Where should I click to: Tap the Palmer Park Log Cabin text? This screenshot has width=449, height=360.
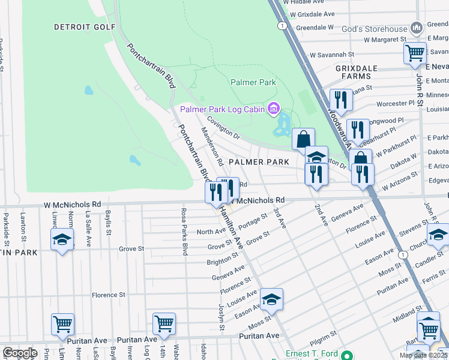(222, 109)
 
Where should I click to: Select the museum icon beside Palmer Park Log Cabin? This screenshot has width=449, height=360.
(274, 109)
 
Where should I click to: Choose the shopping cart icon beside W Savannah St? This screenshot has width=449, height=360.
(415, 53)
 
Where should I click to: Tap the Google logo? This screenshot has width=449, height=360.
(20, 353)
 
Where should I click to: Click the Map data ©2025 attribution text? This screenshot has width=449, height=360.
(423, 355)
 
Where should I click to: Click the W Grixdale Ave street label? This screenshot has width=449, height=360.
(312, 13)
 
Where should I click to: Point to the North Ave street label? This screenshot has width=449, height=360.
(211, 232)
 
